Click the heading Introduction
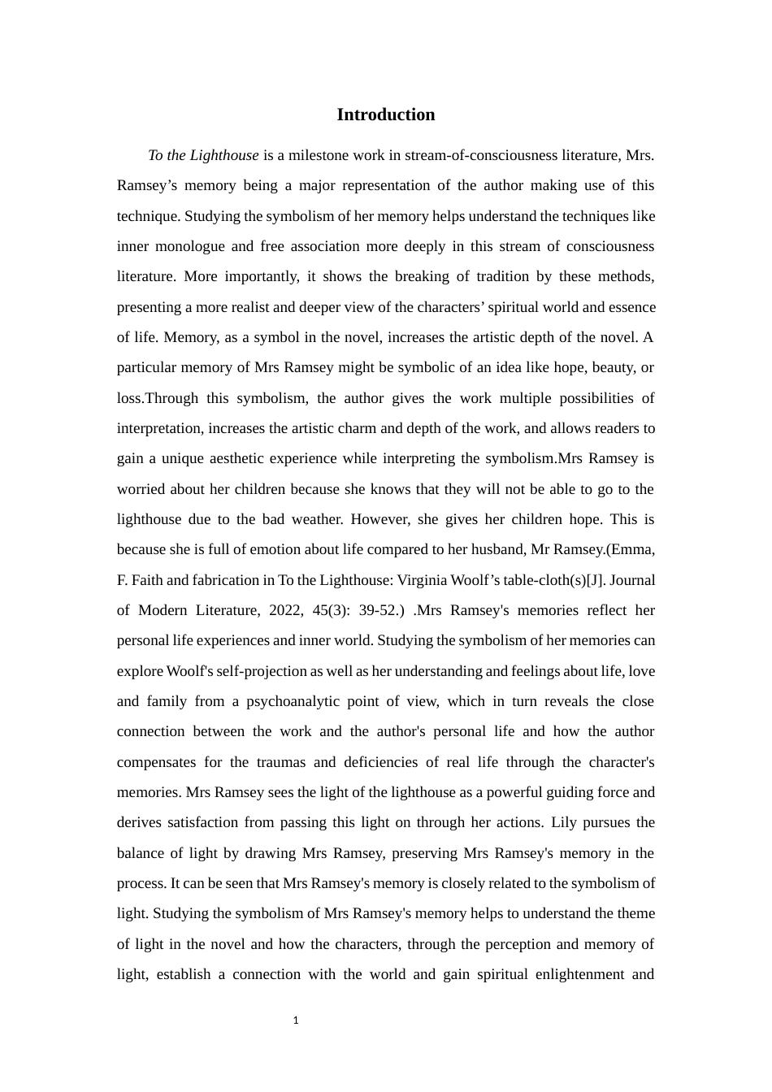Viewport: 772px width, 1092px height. [385, 115]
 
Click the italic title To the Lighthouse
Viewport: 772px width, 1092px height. [203, 155]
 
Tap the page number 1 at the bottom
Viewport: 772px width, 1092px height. [296, 1020]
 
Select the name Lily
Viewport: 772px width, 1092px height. [564, 822]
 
